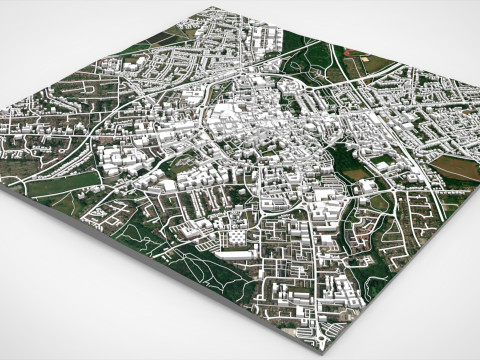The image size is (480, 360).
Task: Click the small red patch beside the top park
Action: pyautogui.click(x=347, y=52)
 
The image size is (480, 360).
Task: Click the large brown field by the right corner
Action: pyautogui.click(x=456, y=165)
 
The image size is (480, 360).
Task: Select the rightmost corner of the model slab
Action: pyautogui.click(x=478, y=189)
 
